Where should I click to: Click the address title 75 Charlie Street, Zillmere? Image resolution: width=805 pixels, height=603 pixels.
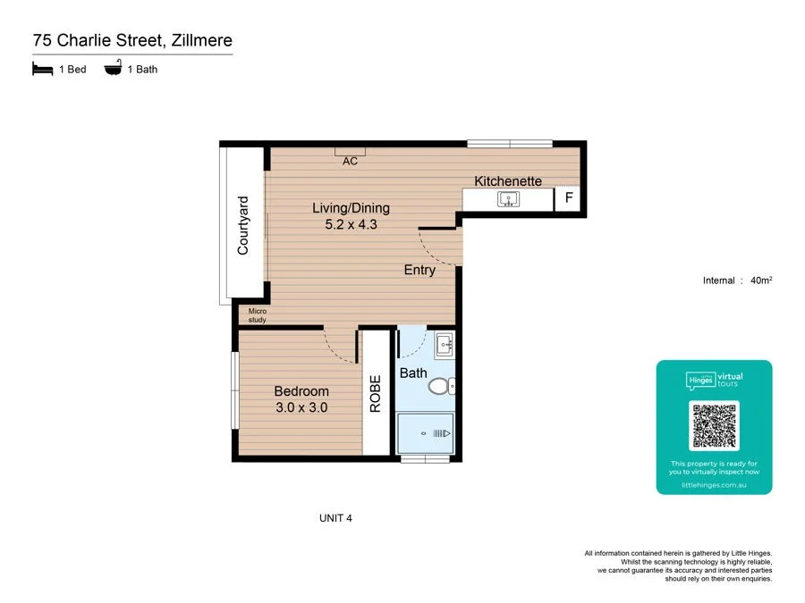(x=132, y=40)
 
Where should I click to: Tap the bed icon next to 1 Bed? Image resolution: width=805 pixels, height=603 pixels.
(x=42, y=69)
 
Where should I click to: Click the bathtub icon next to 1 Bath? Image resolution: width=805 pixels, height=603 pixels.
(x=114, y=69)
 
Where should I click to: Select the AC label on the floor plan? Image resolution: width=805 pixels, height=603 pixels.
(x=351, y=162)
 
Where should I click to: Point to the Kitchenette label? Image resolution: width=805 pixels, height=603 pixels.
(x=508, y=181)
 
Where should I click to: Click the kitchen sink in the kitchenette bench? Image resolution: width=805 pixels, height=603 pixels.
(x=509, y=198)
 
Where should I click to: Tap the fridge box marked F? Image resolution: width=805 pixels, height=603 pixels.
(x=568, y=199)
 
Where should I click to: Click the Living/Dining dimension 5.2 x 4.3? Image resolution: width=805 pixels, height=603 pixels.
(x=351, y=225)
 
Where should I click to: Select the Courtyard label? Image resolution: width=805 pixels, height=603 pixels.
(x=243, y=226)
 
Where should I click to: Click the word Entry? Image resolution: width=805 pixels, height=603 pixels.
(x=419, y=270)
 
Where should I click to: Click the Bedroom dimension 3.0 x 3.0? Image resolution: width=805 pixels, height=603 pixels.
(x=301, y=407)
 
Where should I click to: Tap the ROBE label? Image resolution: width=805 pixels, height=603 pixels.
(x=376, y=393)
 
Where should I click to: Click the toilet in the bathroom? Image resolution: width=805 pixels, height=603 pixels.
(x=441, y=386)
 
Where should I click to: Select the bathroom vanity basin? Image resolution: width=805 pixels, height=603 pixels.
(x=444, y=344)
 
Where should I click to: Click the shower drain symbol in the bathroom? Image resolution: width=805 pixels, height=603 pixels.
(x=424, y=433)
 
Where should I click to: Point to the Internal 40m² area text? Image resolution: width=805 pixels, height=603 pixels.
(x=738, y=281)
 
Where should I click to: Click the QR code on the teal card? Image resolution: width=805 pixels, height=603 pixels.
(x=714, y=426)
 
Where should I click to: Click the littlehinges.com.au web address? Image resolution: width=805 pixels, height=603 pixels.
(x=714, y=485)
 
